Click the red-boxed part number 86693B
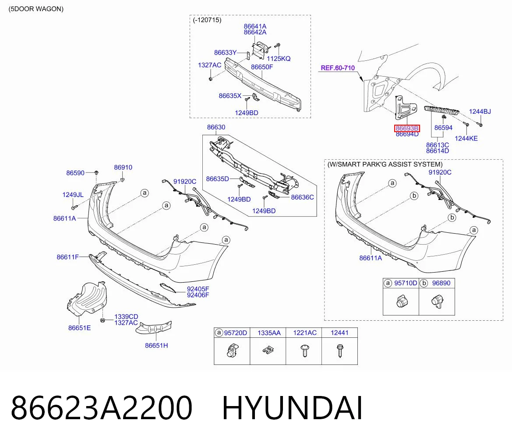(407, 129)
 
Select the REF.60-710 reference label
(338, 68)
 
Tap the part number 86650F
(262, 67)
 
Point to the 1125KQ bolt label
(279, 59)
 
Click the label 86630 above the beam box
(216, 127)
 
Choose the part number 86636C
(302, 197)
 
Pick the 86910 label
(123, 167)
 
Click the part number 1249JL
(73, 195)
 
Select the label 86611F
(68, 257)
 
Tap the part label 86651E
(79, 328)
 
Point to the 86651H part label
(156, 346)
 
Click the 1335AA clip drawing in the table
(268, 350)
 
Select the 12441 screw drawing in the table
(339, 351)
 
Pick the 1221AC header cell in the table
(305, 333)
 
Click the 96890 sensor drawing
(437, 301)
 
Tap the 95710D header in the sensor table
(406, 283)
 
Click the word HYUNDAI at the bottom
(292, 408)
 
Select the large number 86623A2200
(102, 408)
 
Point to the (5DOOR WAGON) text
(36, 9)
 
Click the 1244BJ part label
(480, 112)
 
